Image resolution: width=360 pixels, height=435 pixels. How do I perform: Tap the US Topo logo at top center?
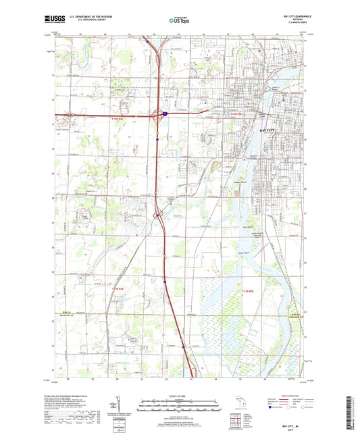[178, 20]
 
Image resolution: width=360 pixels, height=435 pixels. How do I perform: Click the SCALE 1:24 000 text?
[179, 395]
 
